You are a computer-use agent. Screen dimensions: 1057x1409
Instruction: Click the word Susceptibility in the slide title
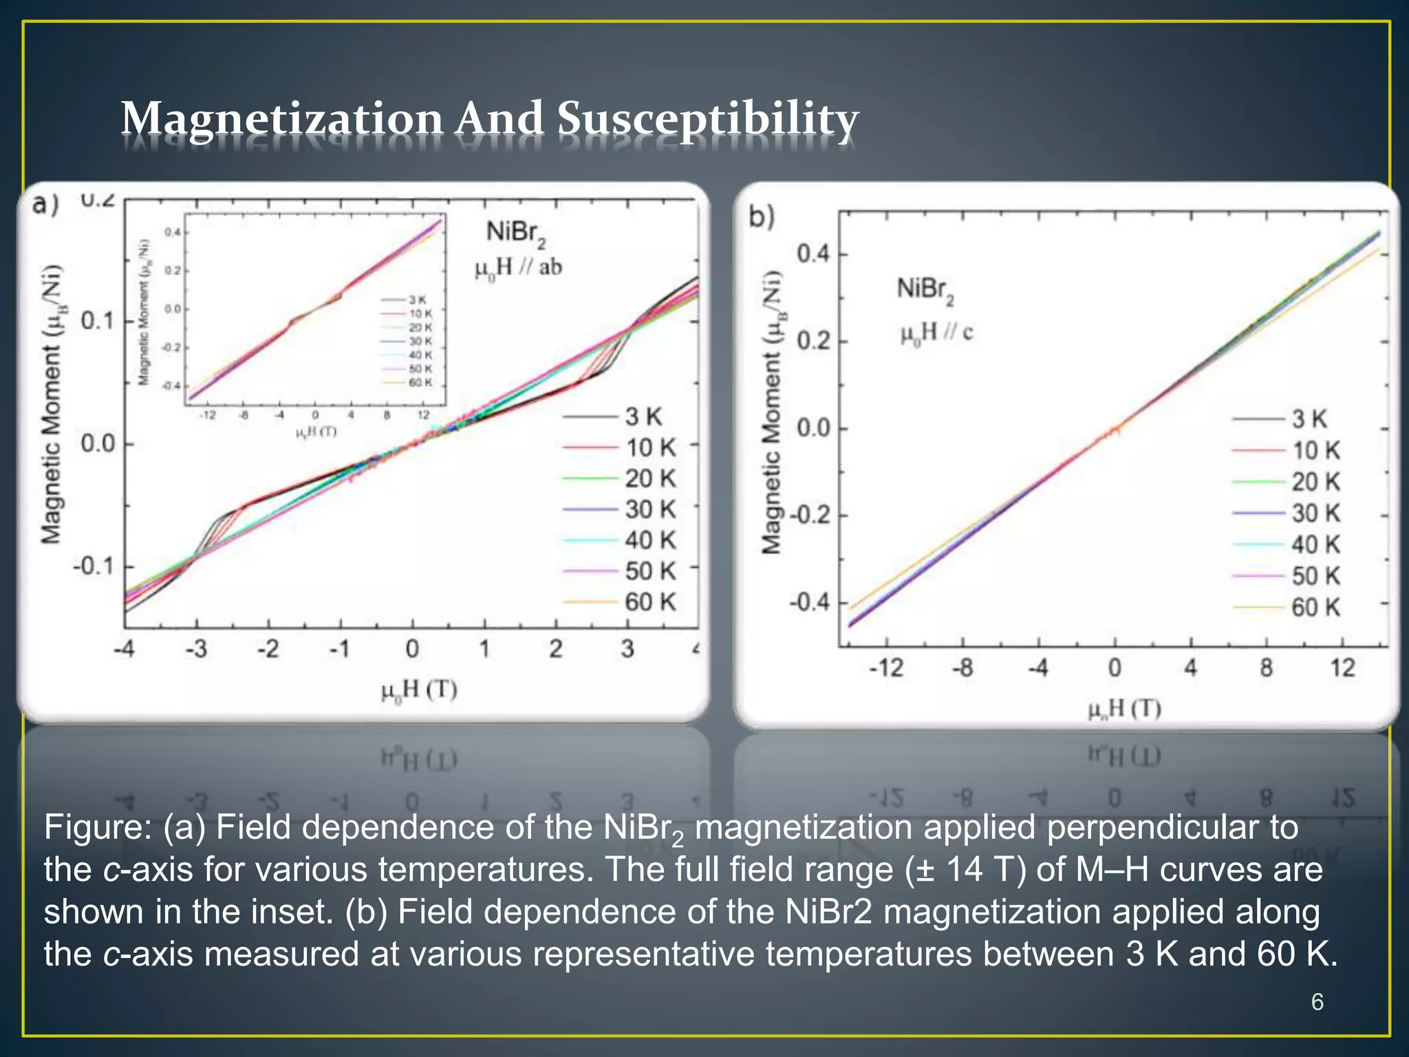(x=707, y=118)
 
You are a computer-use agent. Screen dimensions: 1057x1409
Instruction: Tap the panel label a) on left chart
(x=46, y=204)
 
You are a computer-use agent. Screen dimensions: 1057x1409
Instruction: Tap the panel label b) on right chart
(x=762, y=217)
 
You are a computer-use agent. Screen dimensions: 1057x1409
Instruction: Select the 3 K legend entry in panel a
(x=643, y=416)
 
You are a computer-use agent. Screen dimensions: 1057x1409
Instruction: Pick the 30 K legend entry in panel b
(x=1315, y=513)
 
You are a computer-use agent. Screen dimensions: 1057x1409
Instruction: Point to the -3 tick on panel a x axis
(x=196, y=649)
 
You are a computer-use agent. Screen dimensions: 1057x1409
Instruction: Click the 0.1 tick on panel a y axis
(x=97, y=321)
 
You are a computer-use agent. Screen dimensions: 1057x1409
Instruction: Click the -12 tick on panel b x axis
(x=885, y=668)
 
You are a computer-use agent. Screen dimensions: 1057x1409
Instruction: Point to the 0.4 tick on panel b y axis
(x=813, y=254)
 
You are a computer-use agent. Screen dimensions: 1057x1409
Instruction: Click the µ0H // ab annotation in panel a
(x=518, y=268)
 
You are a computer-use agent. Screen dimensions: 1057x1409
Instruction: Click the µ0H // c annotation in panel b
(x=936, y=333)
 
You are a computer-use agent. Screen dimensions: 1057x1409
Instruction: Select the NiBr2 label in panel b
(x=925, y=290)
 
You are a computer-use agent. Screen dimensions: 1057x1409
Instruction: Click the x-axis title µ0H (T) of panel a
(x=419, y=690)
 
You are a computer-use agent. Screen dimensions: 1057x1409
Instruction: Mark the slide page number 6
(x=1317, y=1002)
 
